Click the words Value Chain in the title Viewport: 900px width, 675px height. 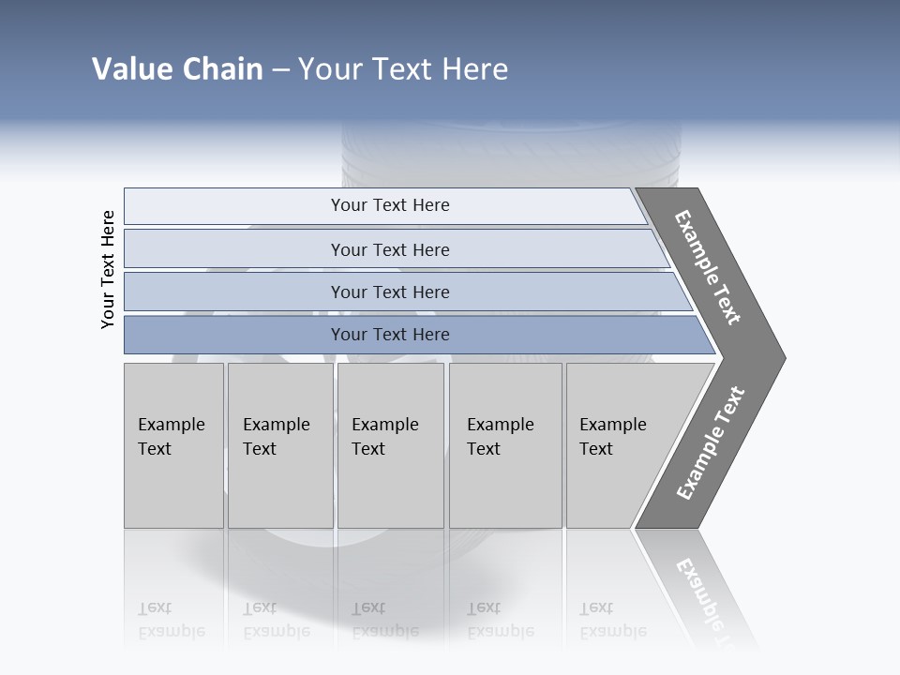(x=177, y=69)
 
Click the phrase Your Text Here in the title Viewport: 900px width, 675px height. (x=403, y=69)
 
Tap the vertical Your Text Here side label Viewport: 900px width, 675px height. (x=108, y=269)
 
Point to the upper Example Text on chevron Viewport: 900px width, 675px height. (x=708, y=267)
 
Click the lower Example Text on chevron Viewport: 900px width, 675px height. (x=710, y=443)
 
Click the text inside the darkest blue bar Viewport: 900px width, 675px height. (x=390, y=335)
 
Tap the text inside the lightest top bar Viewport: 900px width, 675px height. (x=390, y=205)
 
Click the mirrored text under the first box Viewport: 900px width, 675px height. (x=171, y=621)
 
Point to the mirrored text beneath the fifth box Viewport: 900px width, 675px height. (x=612, y=621)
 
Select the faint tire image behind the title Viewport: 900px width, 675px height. (x=511, y=150)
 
